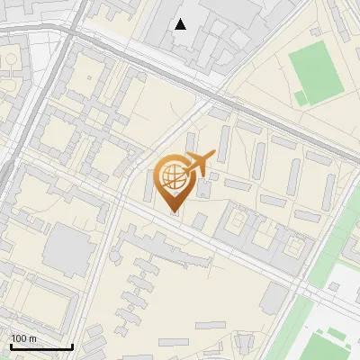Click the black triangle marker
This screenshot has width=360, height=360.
(x=181, y=24)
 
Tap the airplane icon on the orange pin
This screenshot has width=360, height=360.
(x=200, y=164)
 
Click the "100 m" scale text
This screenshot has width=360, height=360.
(x=24, y=338)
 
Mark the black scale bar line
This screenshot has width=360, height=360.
(x=40, y=346)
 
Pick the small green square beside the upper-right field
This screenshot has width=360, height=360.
(x=301, y=97)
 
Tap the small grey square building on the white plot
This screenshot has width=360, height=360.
(x=334, y=287)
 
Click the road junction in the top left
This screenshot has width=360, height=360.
(x=69, y=33)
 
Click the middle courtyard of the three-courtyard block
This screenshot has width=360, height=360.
(x=266, y=236)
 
